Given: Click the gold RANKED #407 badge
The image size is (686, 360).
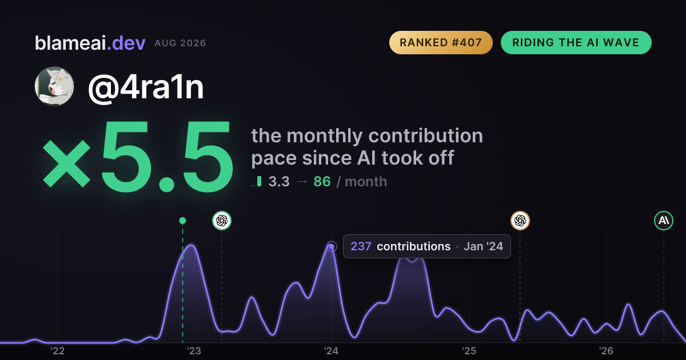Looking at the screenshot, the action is [x=441, y=42].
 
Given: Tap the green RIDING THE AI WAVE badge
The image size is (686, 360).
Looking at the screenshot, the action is [x=576, y=42].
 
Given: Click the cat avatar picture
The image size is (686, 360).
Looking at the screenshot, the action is [x=54, y=86].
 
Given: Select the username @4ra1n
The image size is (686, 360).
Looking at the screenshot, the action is [x=146, y=87].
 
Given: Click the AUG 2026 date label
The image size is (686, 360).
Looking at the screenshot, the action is [x=180, y=43].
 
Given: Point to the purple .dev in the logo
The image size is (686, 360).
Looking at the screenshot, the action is [x=126, y=43].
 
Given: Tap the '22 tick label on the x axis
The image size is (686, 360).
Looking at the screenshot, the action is [x=57, y=351].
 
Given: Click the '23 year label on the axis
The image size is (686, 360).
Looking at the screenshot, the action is [x=194, y=351].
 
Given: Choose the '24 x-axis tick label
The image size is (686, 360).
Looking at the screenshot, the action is [x=332, y=351].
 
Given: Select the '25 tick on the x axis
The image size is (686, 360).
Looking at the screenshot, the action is [x=469, y=351].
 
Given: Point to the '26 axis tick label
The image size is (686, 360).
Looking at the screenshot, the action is [x=606, y=351].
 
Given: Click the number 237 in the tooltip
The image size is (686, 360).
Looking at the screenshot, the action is [x=361, y=246].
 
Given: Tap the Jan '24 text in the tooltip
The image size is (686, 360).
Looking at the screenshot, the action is [x=483, y=246].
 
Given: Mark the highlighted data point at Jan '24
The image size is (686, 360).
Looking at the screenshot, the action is [x=332, y=246].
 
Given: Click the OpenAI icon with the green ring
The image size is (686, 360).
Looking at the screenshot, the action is [x=222, y=221].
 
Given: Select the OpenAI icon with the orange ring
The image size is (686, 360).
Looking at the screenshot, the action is [x=520, y=221].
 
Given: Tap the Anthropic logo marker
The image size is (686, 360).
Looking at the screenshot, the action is [x=664, y=221].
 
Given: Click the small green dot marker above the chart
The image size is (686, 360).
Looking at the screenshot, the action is [x=182, y=221].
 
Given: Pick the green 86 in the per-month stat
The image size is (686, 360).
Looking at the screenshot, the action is [x=322, y=182].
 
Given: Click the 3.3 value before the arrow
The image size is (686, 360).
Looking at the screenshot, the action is [x=279, y=182].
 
